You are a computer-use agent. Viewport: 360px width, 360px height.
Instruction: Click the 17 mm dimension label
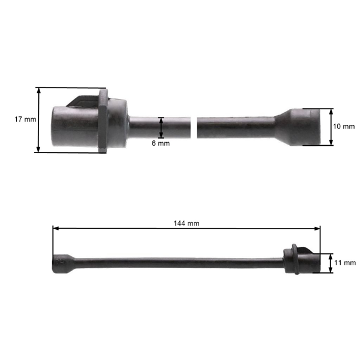[25, 119]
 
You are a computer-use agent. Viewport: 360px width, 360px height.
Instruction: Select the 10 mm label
[344, 127]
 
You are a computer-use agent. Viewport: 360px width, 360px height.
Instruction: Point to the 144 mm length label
[186, 223]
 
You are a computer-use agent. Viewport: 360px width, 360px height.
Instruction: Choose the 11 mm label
[345, 263]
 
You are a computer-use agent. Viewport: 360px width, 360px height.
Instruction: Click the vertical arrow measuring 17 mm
[39, 119]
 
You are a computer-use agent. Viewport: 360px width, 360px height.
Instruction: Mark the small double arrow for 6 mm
[161, 127]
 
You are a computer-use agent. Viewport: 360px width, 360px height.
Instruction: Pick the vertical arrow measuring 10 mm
[331, 127]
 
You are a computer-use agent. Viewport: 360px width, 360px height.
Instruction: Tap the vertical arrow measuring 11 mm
[331, 263]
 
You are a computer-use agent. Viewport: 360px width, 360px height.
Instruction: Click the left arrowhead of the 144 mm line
[55, 228]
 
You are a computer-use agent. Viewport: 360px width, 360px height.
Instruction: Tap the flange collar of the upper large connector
[103, 120]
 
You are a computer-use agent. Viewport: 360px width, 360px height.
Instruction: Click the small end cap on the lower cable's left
[60, 263]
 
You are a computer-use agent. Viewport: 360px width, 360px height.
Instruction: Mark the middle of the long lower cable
[180, 263]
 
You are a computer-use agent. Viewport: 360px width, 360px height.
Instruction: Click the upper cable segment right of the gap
[234, 127]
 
